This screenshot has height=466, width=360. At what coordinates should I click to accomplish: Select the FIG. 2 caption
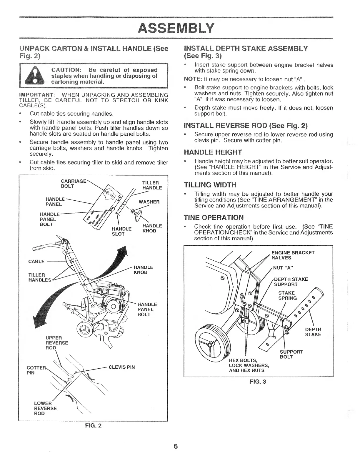click(93, 425)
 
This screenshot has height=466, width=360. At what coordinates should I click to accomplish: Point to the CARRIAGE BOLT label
click(73, 184)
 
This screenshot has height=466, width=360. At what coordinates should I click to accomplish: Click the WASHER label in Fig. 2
click(149, 202)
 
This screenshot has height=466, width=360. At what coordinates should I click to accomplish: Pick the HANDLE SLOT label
click(121, 231)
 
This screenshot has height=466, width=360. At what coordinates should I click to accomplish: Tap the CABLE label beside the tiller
click(36, 262)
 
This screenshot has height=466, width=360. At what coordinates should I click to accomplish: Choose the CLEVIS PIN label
click(121, 367)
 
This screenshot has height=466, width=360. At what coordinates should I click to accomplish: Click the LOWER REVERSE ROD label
click(45, 408)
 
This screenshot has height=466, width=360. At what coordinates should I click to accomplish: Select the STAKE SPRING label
click(287, 295)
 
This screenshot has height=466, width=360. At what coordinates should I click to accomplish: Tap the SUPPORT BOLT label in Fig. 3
click(291, 354)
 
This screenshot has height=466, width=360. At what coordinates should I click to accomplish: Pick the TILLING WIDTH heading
click(210, 185)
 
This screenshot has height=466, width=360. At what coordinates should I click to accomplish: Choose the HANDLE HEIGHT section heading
click(213, 152)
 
